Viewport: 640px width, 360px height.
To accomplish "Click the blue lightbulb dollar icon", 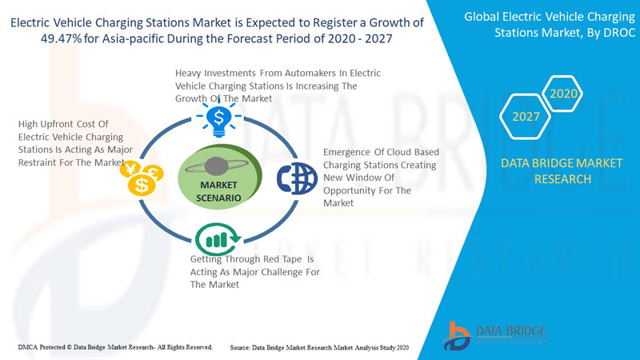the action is pyautogui.click(x=218, y=119).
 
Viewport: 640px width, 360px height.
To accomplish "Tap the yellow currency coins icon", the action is pyautogui.click(x=142, y=178).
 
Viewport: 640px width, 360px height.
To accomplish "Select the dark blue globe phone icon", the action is pyautogui.click(x=297, y=178).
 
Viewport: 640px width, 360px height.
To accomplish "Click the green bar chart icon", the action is pyautogui.click(x=218, y=238).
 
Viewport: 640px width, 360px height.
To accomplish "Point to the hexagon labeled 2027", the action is pyautogui.click(x=526, y=117).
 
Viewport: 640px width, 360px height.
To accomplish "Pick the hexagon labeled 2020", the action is pyautogui.click(x=563, y=94).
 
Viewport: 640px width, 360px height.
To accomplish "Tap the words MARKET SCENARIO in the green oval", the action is pyautogui.click(x=218, y=191).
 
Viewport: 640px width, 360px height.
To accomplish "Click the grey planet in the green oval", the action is pyautogui.click(x=216, y=166).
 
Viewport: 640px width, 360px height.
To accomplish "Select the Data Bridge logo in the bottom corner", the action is pyautogui.click(x=494, y=335).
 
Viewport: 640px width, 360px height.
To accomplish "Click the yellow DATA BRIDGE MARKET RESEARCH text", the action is pyautogui.click(x=562, y=171).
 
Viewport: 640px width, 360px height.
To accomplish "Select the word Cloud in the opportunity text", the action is pyautogui.click(x=399, y=152).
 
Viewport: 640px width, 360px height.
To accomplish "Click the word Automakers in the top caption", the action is pyautogui.click(x=310, y=73).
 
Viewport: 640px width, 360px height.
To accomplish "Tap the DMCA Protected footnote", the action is pyautogui.click(x=115, y=347).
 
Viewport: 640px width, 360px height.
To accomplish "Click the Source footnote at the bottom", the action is pyautogui.click(x=319, y=348).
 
